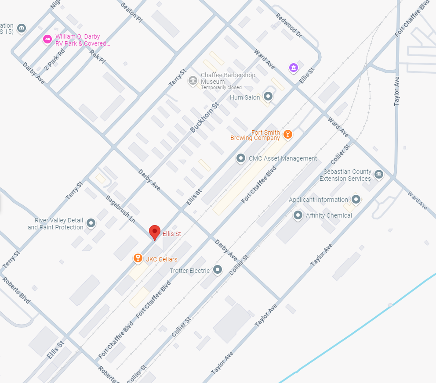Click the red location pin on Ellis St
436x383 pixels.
(154, 232)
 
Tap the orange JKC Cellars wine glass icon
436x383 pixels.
(138, 258)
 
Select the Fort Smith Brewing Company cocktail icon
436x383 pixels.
(287, 134)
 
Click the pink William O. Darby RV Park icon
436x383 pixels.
(47, 40)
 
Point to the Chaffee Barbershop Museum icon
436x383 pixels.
(192, 81)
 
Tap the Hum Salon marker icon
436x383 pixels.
(268, 97)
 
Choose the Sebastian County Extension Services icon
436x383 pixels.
(378, 175)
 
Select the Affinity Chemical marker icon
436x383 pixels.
(298, 215)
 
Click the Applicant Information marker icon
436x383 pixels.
(356, 200)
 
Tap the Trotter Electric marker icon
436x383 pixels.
(217, 270)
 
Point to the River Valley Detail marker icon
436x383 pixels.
(91, 223)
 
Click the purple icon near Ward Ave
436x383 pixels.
(293, 68)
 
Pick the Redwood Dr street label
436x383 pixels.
(289, 25)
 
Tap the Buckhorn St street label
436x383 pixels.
(204, 118)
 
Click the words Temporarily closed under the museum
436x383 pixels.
(221, 87)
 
